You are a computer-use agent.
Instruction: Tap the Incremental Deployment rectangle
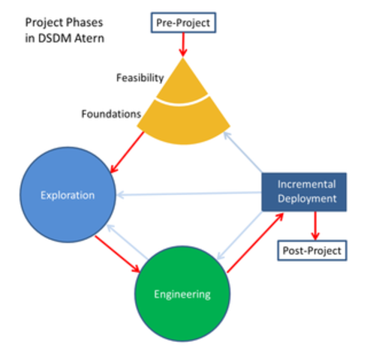(x=306, y=192)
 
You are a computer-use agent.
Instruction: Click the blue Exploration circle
(x=68, y=196)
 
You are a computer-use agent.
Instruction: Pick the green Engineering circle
(x=182, y=294)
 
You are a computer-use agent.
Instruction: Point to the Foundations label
(x=111, y=115)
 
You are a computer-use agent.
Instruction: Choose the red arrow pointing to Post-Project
(x=315, y=224)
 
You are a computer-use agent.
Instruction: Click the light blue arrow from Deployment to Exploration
(x=188, y=194)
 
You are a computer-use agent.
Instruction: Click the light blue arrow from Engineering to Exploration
(x=128, y=240)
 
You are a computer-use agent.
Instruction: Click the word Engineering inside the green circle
(x=182, y=294)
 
